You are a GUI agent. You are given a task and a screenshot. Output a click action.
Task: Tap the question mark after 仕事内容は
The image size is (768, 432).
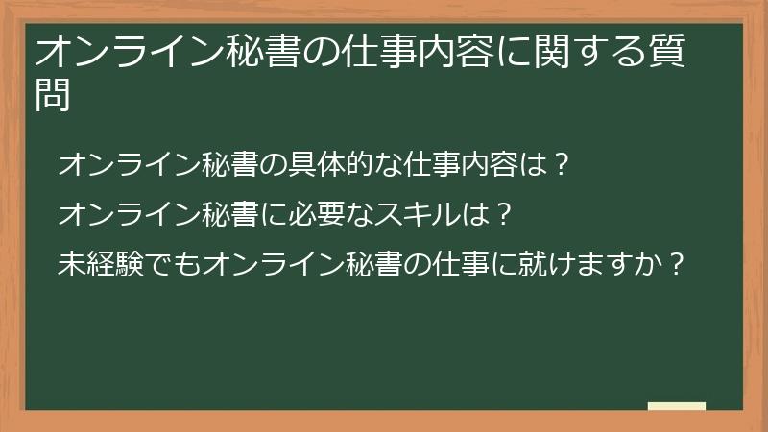coord(564,165)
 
